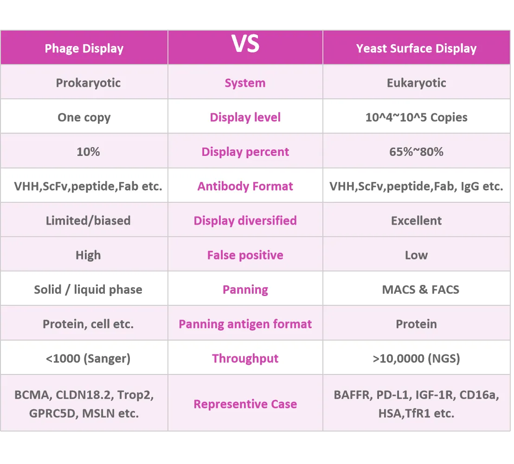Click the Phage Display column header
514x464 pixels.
(84, 49)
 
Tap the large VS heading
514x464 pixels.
(245, 45)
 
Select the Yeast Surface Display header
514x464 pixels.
(416, 49)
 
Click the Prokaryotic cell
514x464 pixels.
(88, 83)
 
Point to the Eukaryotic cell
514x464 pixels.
(416, 83)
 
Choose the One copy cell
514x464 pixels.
(84, 117)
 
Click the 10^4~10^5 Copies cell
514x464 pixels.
(416, 117)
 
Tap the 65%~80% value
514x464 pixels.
(416, 152)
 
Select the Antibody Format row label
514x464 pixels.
(245, 186)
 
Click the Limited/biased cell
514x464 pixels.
(88, 220)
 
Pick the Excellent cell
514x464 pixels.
(416, 220)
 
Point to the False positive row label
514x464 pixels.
(245, 255)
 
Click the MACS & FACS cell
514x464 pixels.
(420, 290)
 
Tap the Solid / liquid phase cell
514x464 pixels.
(88, 290)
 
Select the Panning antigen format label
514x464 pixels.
(245, 324)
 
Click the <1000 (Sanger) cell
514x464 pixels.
(88, 358)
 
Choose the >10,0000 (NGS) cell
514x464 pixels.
(416, 358)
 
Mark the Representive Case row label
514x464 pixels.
(245, 404)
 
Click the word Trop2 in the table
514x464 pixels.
(135, 395)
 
